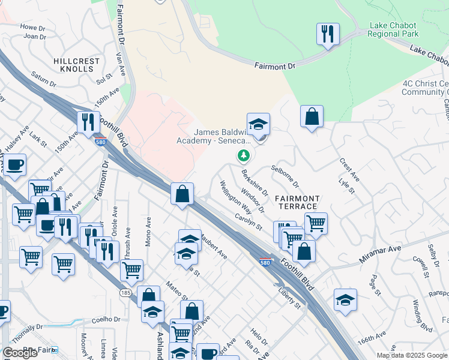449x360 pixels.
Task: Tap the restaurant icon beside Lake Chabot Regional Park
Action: point(328,34)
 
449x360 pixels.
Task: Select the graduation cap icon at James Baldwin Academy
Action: point(258,124)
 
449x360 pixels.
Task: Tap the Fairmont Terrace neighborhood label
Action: point(297,202)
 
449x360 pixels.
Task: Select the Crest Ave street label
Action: point(349,170)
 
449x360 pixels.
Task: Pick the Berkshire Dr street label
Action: point(255,182)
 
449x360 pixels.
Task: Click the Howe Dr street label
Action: point(33,28)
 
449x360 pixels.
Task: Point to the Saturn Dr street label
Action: point(43,79)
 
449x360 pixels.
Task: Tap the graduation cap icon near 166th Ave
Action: point(345,300)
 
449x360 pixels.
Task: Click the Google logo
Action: point(20,353)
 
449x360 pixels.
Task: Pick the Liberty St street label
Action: point(289,298)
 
